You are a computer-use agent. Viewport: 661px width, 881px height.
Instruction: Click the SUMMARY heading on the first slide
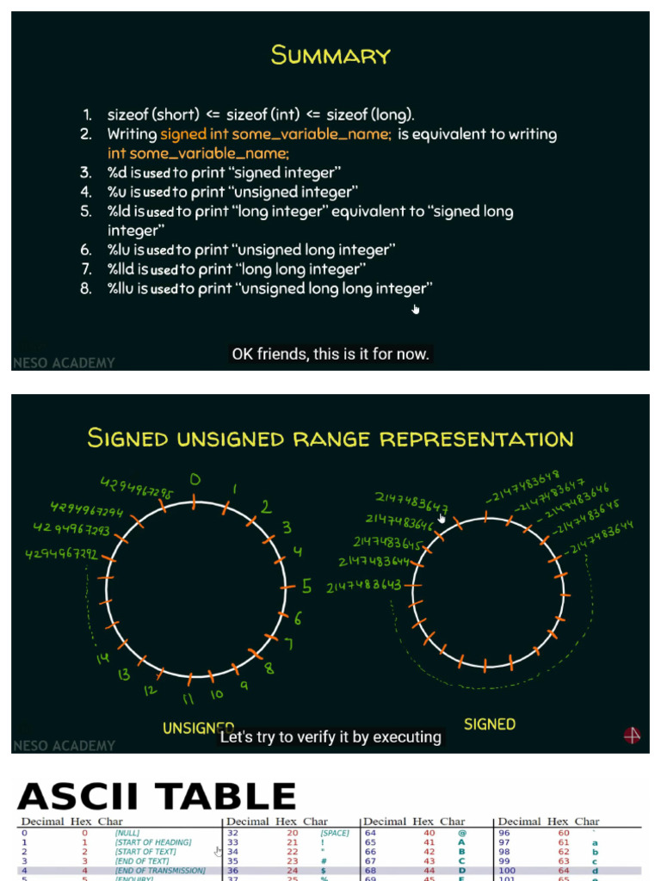tap(330, 56)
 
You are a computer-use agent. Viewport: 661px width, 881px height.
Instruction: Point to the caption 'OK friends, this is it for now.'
tap(330, 354)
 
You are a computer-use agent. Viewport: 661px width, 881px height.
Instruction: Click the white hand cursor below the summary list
tap(416, 309)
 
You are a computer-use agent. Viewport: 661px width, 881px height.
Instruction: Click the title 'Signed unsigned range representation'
tap(330, 438)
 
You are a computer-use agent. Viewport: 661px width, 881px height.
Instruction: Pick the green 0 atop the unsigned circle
tap(195, 479)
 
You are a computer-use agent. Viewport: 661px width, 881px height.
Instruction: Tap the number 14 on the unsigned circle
tap(103, 658)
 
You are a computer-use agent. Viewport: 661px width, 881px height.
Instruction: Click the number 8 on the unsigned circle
tap(269, 668)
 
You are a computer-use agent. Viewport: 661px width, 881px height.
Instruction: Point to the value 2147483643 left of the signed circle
tap(363, 586)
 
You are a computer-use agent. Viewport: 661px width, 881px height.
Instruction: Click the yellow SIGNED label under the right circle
tap(490, 724)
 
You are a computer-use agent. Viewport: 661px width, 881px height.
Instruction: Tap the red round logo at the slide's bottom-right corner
tap(632, 736)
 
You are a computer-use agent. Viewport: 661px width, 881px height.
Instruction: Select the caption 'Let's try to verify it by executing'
tap(330, 737)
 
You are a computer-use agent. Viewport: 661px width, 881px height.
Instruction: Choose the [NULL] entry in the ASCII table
tap(127, 833)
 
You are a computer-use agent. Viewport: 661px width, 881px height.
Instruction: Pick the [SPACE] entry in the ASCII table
tap(335, 833)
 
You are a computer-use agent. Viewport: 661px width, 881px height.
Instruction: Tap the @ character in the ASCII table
tap(461, 833)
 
